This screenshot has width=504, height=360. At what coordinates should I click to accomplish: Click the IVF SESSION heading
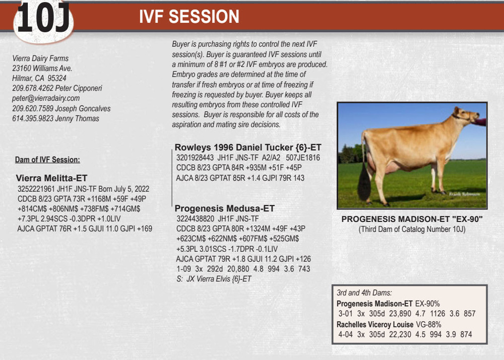[x=190, y=17]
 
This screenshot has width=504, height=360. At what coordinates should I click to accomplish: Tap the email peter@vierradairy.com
[x=46, y=98]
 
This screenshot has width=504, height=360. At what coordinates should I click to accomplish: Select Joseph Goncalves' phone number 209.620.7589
[x=33, y=108]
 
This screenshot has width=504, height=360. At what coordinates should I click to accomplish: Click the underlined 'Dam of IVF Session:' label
[x=47, y=160]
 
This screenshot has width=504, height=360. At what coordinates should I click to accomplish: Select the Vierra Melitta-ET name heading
[x=51, y=178]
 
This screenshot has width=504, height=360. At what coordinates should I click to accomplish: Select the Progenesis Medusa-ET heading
[x=225, y=209]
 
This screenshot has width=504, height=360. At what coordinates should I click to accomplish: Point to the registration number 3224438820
[x=195, y=219]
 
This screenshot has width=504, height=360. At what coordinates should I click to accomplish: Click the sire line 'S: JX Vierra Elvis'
[x=214, y=279]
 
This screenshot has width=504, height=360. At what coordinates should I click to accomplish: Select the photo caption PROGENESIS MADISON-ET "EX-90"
[x=412, y=219]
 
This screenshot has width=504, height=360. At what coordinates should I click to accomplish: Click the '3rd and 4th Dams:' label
[x=364, y=293]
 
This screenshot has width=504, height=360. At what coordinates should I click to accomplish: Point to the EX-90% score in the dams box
[x=427, y=304]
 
